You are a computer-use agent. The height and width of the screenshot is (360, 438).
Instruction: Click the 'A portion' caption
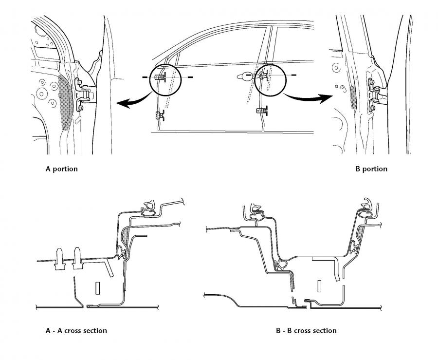coord(61,169)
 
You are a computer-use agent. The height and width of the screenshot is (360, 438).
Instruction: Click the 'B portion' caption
coord(371,169)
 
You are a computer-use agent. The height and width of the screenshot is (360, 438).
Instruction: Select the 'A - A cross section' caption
coord(76,331)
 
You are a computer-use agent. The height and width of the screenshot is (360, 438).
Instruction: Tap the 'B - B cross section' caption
coord(306,331)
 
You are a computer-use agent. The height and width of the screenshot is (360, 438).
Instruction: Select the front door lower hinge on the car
coord(160,115)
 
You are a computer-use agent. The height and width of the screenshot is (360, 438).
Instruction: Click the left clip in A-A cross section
coord(59,259)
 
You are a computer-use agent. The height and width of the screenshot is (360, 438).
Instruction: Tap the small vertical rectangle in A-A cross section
coord(97,288)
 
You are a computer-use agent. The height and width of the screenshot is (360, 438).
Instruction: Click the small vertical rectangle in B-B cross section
coord(319,286)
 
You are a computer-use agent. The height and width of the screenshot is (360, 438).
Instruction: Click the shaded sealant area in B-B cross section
coord(360,234)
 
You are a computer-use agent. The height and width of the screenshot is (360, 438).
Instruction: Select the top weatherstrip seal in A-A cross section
coord(148,208)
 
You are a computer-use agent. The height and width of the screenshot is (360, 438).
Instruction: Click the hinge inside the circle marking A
coord(160,76)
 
